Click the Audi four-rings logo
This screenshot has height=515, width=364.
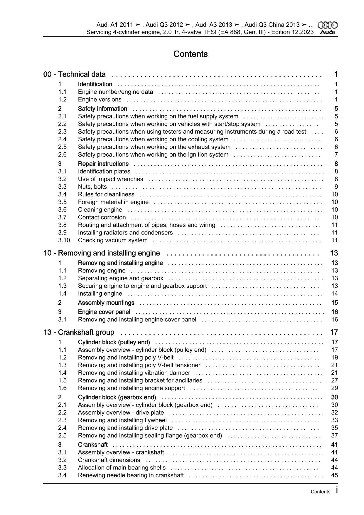click(328, 25)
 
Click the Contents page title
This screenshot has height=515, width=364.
click(191, 54)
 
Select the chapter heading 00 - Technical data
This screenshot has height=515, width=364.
click(75, 74)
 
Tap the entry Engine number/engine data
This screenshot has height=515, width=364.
click(115, 92)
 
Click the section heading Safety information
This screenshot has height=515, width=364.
click(102, 109)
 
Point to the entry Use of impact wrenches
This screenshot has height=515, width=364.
click(110, 179)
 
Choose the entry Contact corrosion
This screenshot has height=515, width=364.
click(102, 217)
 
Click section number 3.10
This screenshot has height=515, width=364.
click(64, 240)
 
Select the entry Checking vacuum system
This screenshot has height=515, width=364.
click(113, 240)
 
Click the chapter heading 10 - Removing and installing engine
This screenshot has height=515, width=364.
click(102, 253)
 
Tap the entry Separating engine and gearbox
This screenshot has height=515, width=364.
click(121, 278)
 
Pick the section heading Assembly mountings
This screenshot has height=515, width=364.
click(106, 303)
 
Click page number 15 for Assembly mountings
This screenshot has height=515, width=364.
click(334, 303)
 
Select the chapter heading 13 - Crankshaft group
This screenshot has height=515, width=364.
click(79, 332)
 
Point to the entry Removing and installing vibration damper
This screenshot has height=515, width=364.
click(134, 373)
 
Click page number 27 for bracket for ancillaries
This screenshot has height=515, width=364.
click(334, 380)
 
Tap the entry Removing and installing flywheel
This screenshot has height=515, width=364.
click(122, 420)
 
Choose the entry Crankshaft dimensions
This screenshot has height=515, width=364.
click(109, 460)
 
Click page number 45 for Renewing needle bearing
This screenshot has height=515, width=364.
click(334, 475)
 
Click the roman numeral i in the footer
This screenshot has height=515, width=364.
click(336, 490)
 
